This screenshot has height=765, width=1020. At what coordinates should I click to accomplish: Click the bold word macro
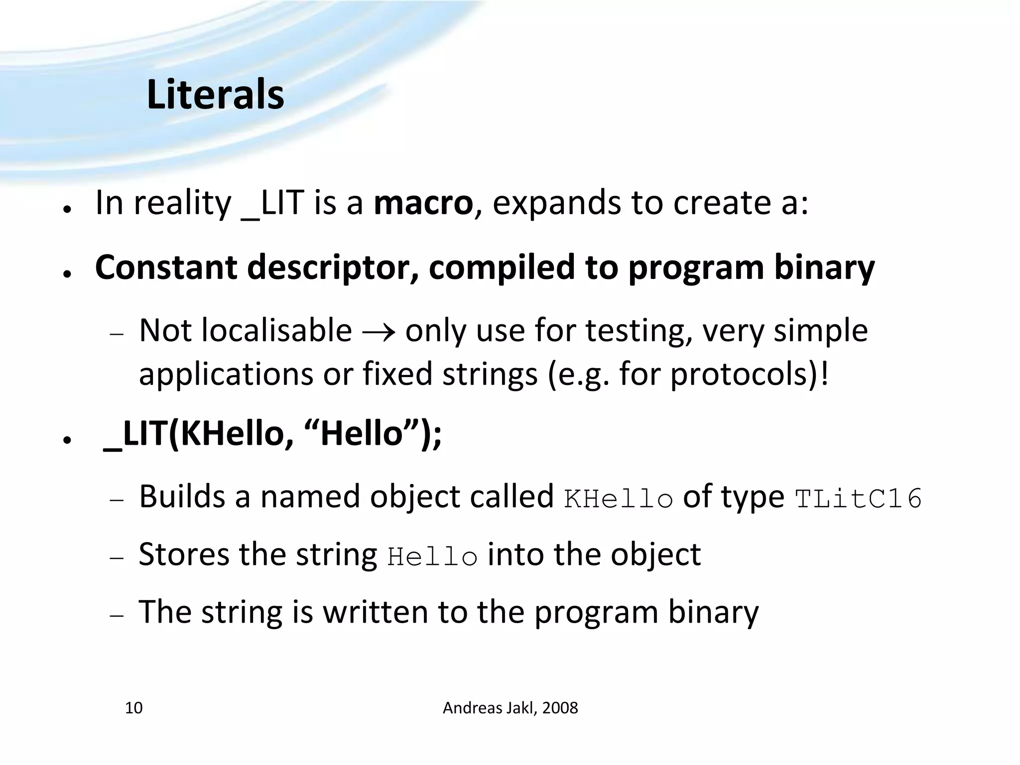click(423, 203)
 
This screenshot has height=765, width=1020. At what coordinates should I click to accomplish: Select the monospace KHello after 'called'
click(619, 499)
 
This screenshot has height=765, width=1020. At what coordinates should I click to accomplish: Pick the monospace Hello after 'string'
click(432, 557)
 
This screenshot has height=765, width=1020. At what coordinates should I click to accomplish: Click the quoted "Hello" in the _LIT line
click(361, 433)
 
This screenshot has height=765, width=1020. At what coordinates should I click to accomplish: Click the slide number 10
click(133, 708)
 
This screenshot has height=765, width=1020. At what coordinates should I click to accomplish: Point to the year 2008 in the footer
click(560, 708)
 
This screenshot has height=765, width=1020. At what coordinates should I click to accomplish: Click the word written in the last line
click(375, 612)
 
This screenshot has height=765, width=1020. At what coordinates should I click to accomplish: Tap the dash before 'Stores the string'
click(116, 559)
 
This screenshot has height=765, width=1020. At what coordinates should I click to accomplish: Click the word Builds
click(182, 497)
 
